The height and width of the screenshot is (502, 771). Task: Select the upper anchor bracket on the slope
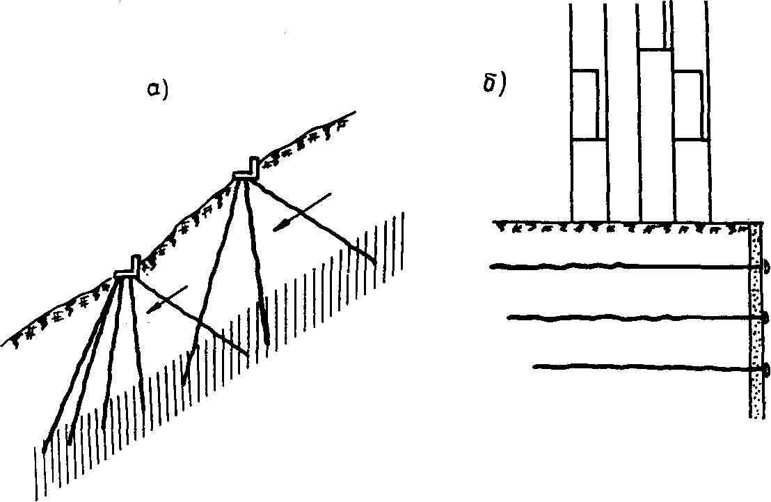[247, 171]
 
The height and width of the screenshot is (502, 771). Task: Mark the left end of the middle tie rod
[509, 318]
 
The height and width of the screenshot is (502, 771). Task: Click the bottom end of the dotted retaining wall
[754, 416]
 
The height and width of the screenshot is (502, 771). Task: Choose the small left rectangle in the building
[585, 104]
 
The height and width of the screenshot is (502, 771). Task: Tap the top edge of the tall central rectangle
[655, 49]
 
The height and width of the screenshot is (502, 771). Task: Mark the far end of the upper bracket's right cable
[376, 262]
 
